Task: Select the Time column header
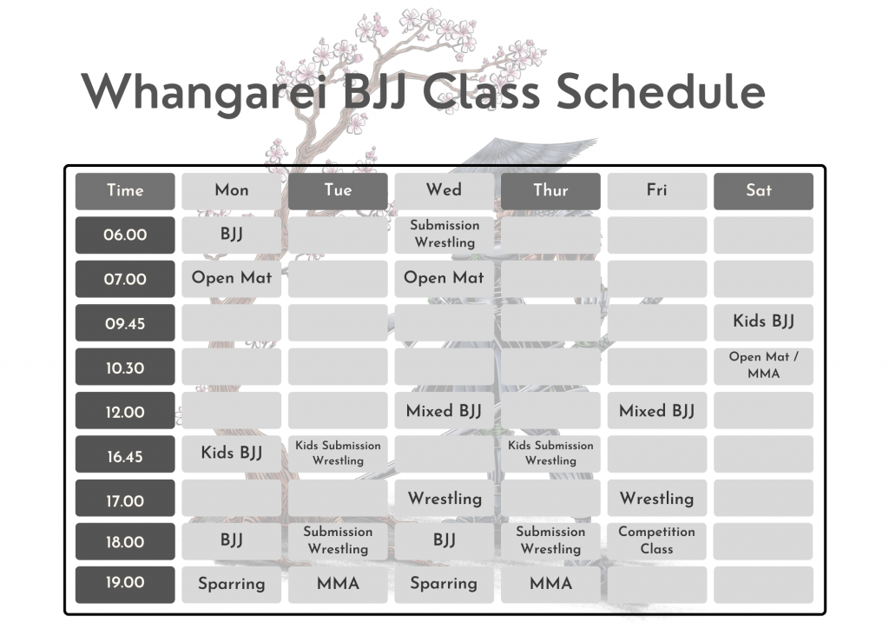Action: tap(125, 191)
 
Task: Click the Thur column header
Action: tap(550, 191)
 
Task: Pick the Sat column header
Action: tap(763, 191)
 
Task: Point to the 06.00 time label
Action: tap(125, 235)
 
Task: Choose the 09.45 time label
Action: tap(125, 324)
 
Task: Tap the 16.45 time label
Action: tap(125, 456)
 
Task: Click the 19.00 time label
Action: tap(125, 583)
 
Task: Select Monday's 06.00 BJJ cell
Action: tap(231, 235)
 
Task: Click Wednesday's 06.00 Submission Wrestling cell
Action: tap(444, 235)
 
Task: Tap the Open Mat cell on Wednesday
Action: tap(444, 279)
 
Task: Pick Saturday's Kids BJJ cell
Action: tap(763, 322)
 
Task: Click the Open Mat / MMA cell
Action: tap(763, 366)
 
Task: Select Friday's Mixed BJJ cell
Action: tap(656, 411)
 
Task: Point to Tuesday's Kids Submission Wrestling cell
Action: tap(338, 454)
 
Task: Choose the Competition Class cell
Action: tap(656, 540)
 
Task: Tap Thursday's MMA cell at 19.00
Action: tap(550, 584)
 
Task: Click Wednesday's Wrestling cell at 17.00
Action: tap(444, 499)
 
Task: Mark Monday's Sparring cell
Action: tap(231, 584)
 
